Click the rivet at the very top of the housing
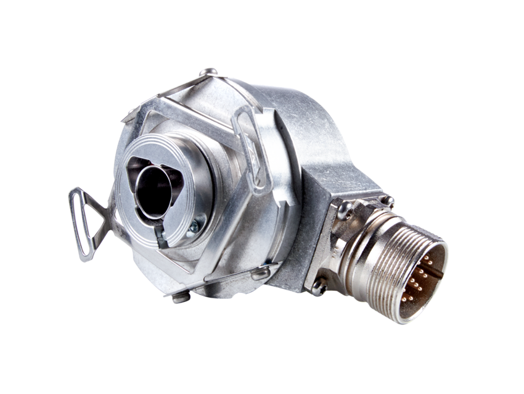tap(208, 72)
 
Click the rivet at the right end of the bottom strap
tap(262, 272)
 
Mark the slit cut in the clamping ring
tap(158, 233)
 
